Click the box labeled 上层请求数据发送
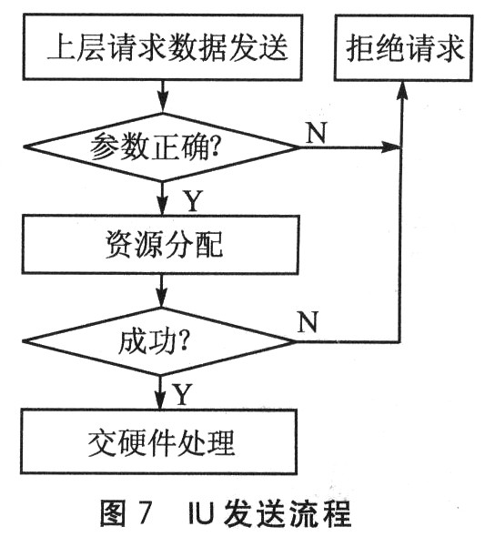[x=163, y=47]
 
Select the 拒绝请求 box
[x=404, y=47]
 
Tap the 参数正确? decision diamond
[x=162, y=147]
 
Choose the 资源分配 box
[x=160, y=245]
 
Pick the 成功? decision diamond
[x=159, y=341]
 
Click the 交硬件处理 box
[x=158, y=441]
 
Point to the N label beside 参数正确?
[x=317, y=132]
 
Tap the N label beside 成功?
[x=308, y=321]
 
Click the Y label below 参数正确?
[x=194, y=201]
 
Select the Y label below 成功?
[x=182, y=394]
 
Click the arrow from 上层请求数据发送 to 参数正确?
[x=163, y=96]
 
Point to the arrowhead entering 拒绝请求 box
[x=402, y=91]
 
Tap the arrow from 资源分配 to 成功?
[x=161, y=290]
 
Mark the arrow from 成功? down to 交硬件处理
[x=159, y=392]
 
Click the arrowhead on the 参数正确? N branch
[x=391, y=147]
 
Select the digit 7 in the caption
[x=143, y=513]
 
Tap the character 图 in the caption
[x=113, y=513]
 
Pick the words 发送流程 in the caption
[x=288, y=513]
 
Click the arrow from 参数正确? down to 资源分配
[x=162, y=198]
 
